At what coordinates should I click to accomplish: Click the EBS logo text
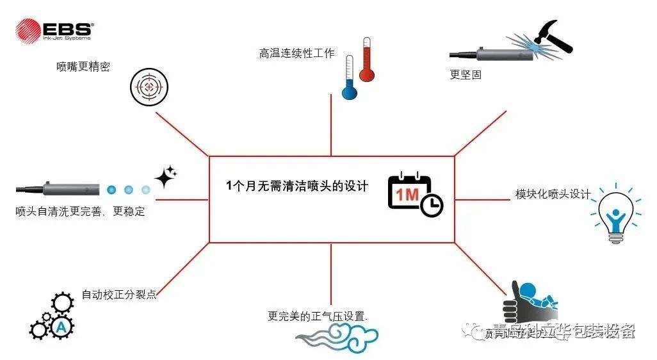click(68, 29)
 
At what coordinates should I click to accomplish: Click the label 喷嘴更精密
click(83, 67)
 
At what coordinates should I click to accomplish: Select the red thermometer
click(367, 61)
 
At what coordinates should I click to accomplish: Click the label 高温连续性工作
click(296, 54)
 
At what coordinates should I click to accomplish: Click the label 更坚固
click(466, 74)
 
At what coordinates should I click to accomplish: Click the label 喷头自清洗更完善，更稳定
click(80, 211)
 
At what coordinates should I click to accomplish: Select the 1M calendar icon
click(410, 191)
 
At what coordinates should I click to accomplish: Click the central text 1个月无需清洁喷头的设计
click(297, 186)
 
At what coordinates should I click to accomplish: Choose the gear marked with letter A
click(61, 327)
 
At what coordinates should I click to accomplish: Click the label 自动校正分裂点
click(119, 295)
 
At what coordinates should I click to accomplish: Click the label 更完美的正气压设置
click(318, 316)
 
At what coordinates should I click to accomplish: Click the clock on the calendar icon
click(432, 205)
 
